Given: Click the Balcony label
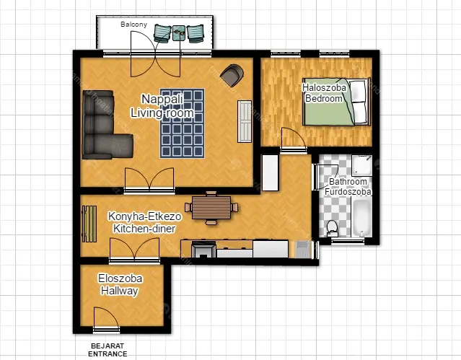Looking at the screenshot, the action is pyautogui.click(x=133, y=24).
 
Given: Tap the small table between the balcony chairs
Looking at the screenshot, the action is pyautogui.click(x=179, y=33).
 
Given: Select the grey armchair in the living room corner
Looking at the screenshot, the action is pyautogui.click(x=232, y=75).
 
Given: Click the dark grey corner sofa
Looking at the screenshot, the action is pyautogui.click(x=103, y=125).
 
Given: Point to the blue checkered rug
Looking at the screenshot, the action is pyautogui.click(x=183, y=123).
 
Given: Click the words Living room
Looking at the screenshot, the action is pyautogui.click(x=162, y=113).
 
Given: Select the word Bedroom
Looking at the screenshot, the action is pyautogui.click(x=324, y=98).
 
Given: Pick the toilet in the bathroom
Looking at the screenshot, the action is pyautogui.click(x=333, y=229).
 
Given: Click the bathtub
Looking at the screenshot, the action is pyautogui.click(x=361, y=218).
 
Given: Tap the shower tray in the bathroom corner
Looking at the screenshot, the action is pyautogui.click(x=362, y=166).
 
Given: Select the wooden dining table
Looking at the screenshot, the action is pyautogui.click(x=211, y=208).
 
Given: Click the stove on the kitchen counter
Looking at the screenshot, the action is pyautogui.click(x=203, y=250).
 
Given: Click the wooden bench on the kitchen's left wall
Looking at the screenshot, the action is pyautogui.click(x=89, y=224).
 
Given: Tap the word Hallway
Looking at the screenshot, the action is pyautogui.click(x=119, y=291).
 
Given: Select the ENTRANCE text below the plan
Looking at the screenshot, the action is pyautogui.click(x=107, y=354).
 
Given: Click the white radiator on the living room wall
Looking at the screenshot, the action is pyautogui.click(x=245, y=121).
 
